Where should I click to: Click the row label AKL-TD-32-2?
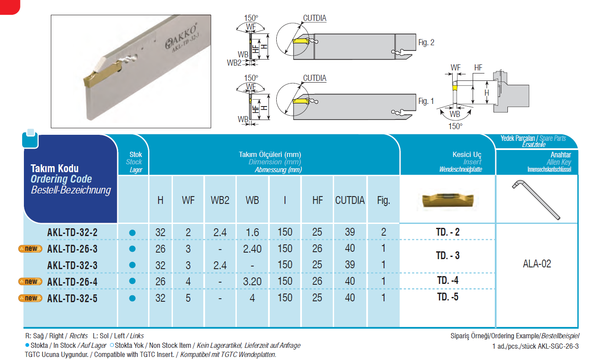point(72,233)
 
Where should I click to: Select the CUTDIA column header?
point(350,200)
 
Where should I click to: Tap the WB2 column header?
point(220,200)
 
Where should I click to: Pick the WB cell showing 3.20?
point(252,282)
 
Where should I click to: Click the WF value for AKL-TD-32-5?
point(188,298)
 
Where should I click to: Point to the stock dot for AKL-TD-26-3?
point(133,249)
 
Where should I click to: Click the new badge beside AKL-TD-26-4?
point(30,282)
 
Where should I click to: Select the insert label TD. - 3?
point(447,256)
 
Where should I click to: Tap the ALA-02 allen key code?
point(537,264)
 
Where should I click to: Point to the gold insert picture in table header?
point(447,200)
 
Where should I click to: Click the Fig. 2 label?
point(426,43)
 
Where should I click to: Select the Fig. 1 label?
point(426,101)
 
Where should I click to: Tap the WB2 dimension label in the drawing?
point(234,63)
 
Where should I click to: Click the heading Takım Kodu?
point(55,169)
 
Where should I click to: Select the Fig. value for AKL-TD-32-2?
point(383,233)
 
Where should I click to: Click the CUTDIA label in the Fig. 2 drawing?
point(315,19)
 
